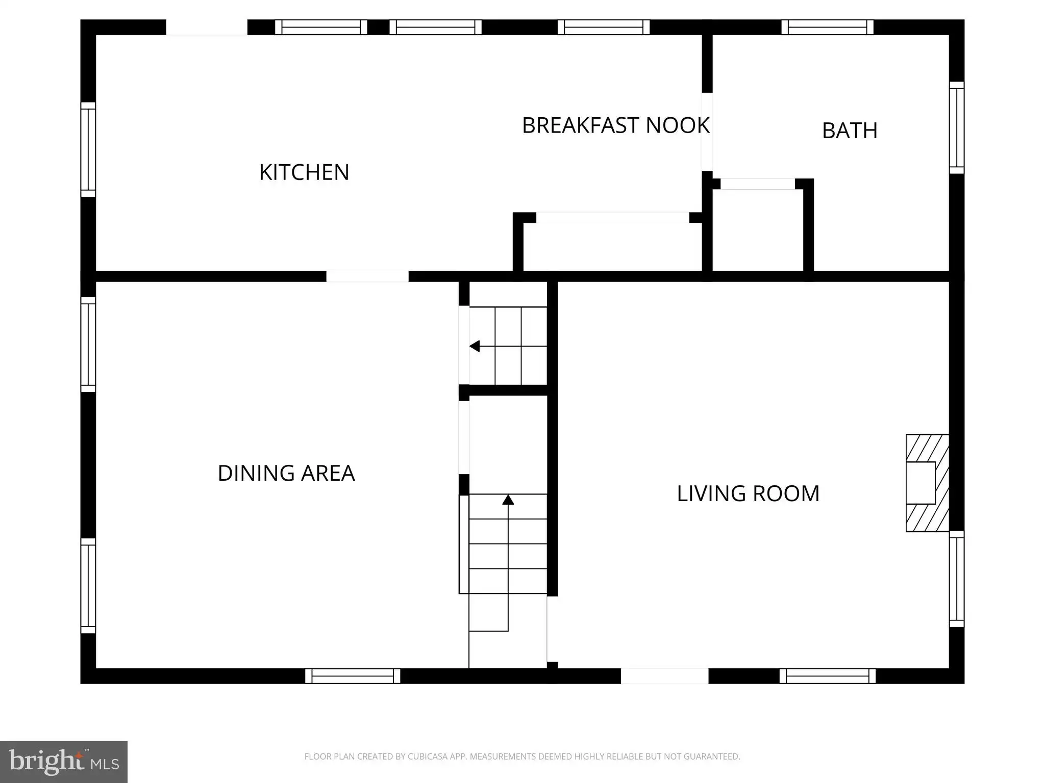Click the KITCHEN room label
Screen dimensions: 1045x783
[x=304, y=172]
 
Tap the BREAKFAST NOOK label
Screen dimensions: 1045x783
[x=616, y=125]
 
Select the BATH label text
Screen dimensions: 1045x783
[x=850, y=130]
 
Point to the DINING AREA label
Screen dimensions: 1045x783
[x=286, y=473]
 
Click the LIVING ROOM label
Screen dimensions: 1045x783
[x=748, y=493]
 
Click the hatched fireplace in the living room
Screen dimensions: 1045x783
[x=927, y=483]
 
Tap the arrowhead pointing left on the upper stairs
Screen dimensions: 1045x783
[x=475, y=347]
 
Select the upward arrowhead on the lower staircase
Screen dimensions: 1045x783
[x=508, y=500]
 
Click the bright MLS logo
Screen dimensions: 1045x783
[x=64, y=762]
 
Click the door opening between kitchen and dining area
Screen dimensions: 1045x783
[x=367, y=276]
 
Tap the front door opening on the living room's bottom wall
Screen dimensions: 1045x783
[x=664, y=676]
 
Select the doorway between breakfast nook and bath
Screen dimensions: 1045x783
[x=707, y=132]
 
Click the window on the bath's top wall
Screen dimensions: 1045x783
[x=827, y=27]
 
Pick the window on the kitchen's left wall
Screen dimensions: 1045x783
[x=88, y=149]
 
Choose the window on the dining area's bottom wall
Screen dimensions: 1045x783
[x=353, y=676]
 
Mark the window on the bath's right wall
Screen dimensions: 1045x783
[x=957, y=127]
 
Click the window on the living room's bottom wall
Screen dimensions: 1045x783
[x=827, y=676]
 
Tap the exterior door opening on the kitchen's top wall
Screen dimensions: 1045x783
[x=207, y=28]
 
